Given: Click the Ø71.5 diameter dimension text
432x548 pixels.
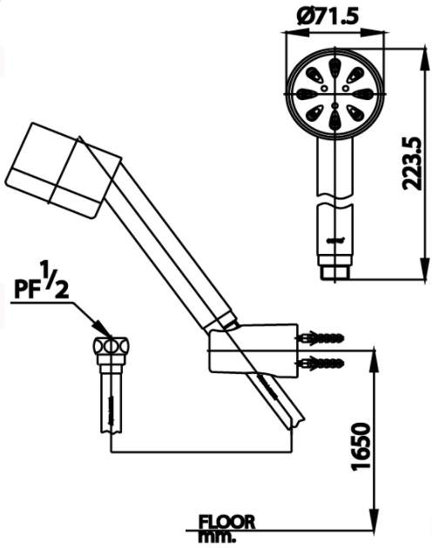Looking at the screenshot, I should pyautogui.click(x=336, y=15).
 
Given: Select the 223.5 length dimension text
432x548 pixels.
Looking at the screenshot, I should pyautogui.click(x=417, y=161).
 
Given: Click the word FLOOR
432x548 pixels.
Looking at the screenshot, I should pyautogui.click(x=226, y=521).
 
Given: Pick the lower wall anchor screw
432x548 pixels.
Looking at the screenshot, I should pyautogui.click(x=322, y=359).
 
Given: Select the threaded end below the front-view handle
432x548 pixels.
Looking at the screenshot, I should pyautogui.click(x=335, y=271).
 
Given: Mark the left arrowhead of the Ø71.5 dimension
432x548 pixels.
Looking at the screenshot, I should pyautogui.click(x=291, y=33).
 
